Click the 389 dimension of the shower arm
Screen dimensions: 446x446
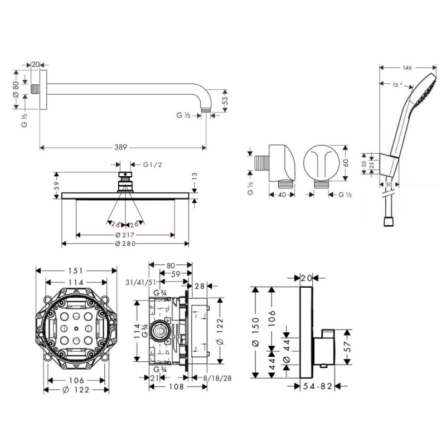coord(121,147)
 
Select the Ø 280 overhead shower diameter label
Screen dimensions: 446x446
coord(125,244)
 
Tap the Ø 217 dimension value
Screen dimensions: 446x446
coord(125,235)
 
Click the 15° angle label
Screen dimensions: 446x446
coord(396,85)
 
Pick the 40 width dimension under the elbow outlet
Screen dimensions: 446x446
coord(283,195)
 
